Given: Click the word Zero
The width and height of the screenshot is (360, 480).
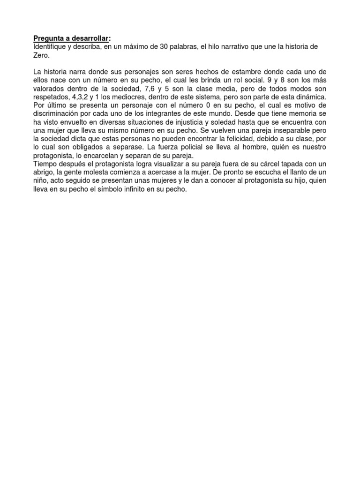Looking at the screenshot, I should click(x=41, y=55).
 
